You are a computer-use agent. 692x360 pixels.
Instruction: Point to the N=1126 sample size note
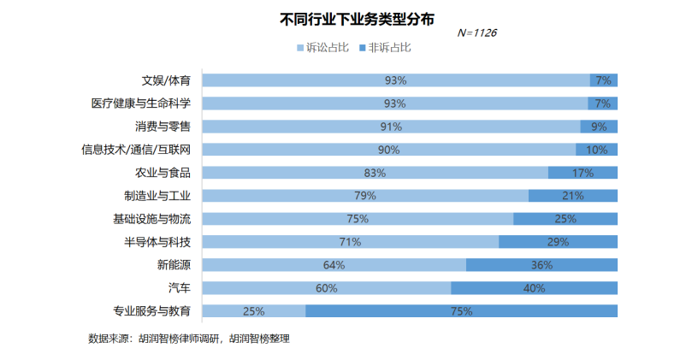coord(476,33)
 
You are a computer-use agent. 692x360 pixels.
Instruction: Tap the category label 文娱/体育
coord(166,80)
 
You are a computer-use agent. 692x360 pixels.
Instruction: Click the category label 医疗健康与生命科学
coord(141,103)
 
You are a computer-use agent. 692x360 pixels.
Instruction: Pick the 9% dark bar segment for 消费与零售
coord(599,127)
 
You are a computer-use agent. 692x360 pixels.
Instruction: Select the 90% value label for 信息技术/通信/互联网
coord(388,150)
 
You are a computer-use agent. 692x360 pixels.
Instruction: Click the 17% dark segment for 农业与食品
coord(583,173)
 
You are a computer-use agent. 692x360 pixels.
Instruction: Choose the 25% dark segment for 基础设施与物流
coord(565,219)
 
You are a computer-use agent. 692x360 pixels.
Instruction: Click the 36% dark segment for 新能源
coord(541,265)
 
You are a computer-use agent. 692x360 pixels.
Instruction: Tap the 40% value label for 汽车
coord(534,288)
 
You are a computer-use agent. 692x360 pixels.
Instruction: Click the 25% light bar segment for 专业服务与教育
coord(253,311)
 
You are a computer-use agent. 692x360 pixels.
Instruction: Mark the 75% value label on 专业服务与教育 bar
coord(461,311)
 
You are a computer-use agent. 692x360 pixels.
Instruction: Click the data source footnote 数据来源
coord(189,339)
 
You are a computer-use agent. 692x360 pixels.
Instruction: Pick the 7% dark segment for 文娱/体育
coord(604,80)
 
